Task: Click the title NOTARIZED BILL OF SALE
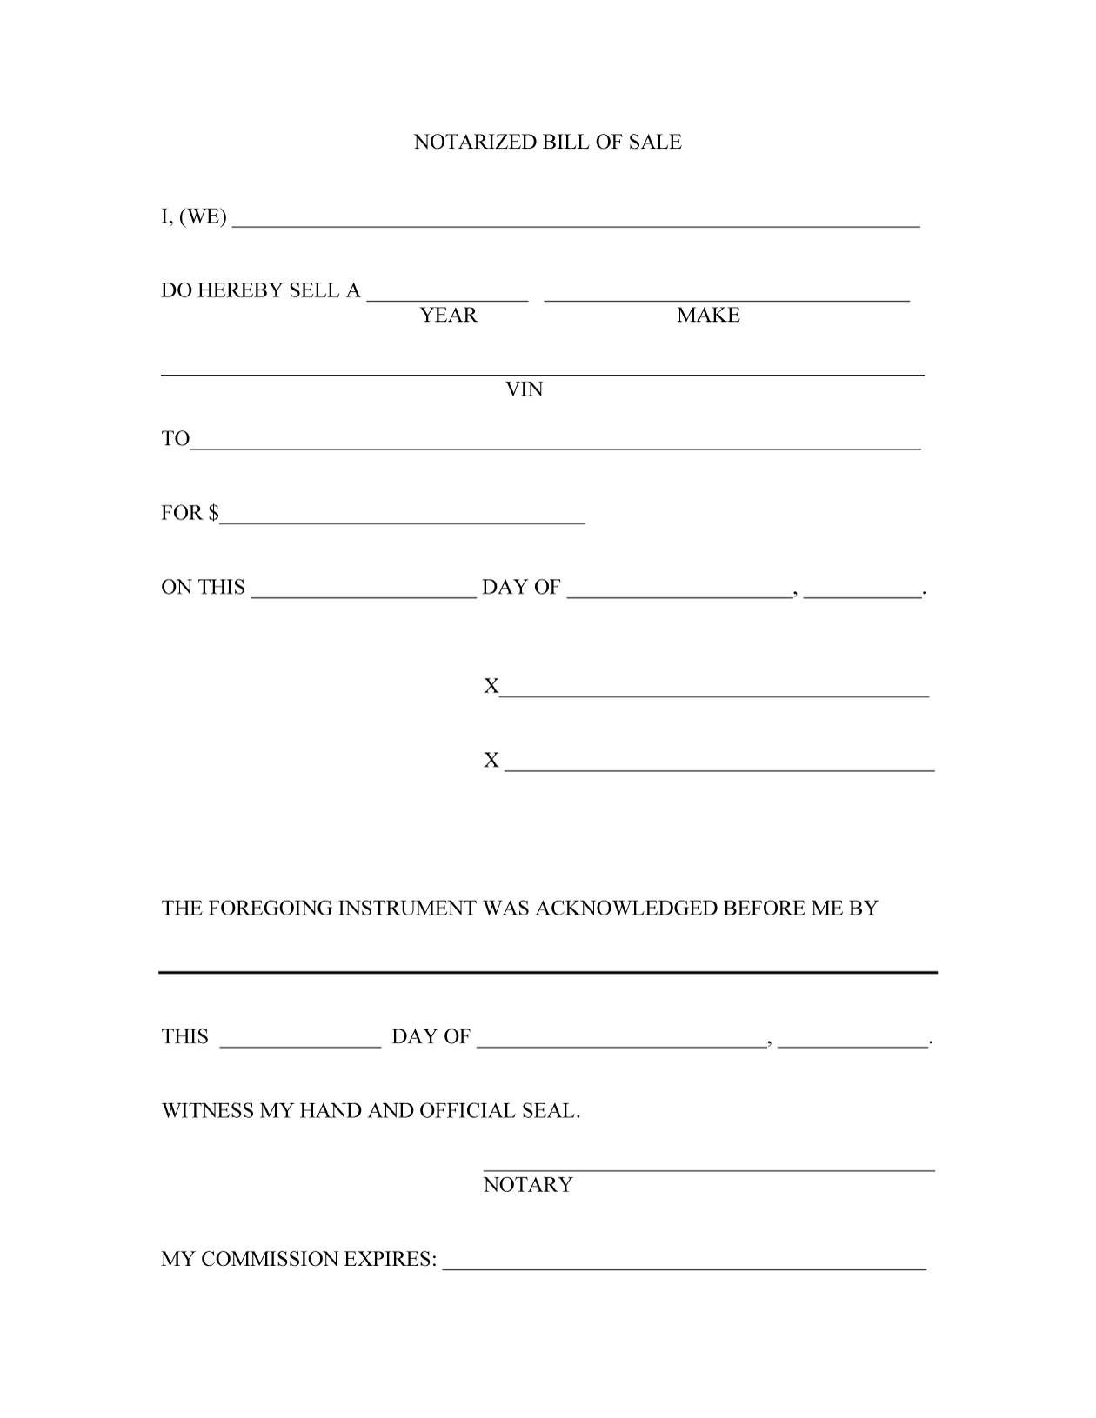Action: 547,142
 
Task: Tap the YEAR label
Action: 449,315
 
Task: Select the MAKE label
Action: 708,315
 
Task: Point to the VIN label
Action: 525,389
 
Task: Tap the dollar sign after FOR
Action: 213,513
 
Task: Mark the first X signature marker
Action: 491,687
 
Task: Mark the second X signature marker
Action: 491,761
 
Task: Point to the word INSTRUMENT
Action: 407,909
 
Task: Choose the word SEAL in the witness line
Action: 550,1111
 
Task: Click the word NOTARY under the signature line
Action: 528,1185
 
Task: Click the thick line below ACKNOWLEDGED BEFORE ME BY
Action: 548,972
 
